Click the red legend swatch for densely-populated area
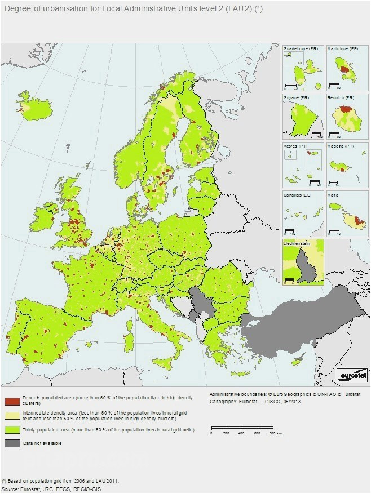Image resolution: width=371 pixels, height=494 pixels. point(11,401)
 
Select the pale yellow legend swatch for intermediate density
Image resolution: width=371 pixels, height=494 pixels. point(11,416)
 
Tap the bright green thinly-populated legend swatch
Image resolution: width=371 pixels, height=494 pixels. point(11,430)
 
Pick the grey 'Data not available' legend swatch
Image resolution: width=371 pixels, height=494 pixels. point(11,443)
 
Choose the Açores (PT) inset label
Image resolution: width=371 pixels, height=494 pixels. point(294,146)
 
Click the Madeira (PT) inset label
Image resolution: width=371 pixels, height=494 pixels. point(341,146)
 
